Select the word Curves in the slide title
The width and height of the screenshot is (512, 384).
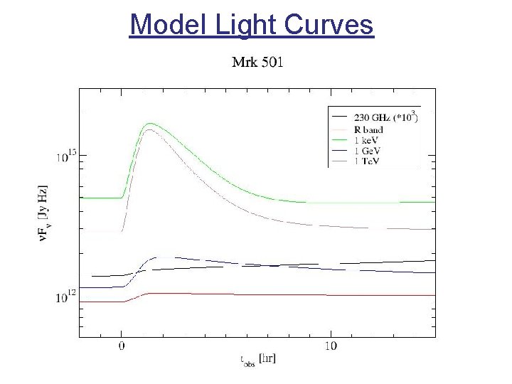tap(329, 25)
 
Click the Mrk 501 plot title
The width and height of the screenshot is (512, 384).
tap(258, 63)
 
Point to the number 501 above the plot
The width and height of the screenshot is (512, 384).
tap(271, 63)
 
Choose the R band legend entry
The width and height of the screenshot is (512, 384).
tap(368, 129)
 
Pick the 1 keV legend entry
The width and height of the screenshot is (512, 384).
tap(367, 140)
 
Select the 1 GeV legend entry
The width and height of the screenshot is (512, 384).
tap(368, 151)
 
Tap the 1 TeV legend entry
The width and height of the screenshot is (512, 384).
tap(368, 161)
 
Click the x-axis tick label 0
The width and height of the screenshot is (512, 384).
tap(122, 346)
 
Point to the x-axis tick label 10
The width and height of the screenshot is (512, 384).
tap(330, 346)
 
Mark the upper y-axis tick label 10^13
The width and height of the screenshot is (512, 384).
tap(65, 156)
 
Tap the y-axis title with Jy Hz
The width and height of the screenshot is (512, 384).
tap(43, 213)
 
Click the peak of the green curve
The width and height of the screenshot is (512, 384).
tap(150, 124)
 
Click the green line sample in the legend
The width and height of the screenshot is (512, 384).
tap(339, 141)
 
